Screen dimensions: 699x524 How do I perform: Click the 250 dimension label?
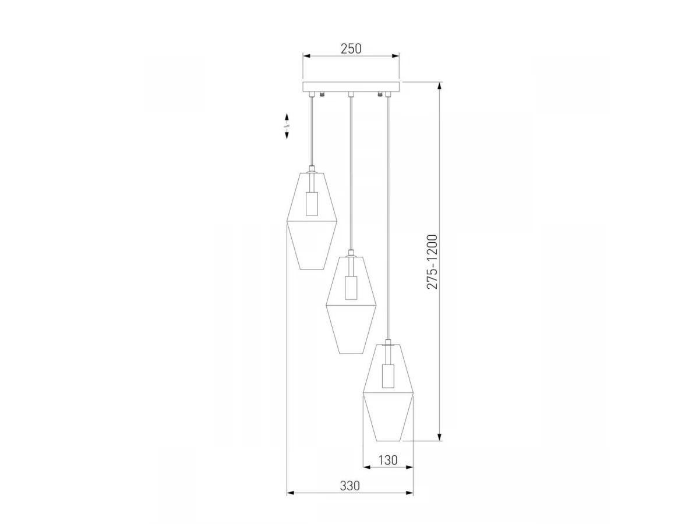click(x=351, y=49)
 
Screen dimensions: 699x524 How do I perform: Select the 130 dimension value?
click(x=388, y=460)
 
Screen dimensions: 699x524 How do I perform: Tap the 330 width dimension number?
click(x=350, y=486)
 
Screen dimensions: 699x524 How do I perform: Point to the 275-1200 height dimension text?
click(x=432, y=262)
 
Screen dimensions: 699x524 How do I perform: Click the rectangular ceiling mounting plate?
click(x=351, y=87)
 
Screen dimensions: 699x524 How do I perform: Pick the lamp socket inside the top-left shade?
click(x=312, y=204)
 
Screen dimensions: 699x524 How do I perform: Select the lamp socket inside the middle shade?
click(x=351, y=288)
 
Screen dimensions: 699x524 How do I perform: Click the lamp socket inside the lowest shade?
click(x=387, y=376)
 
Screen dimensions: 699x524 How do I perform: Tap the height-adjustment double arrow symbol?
click(x=287, y=126)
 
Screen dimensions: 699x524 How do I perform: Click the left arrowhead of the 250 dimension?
click(x=306, y=56)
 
